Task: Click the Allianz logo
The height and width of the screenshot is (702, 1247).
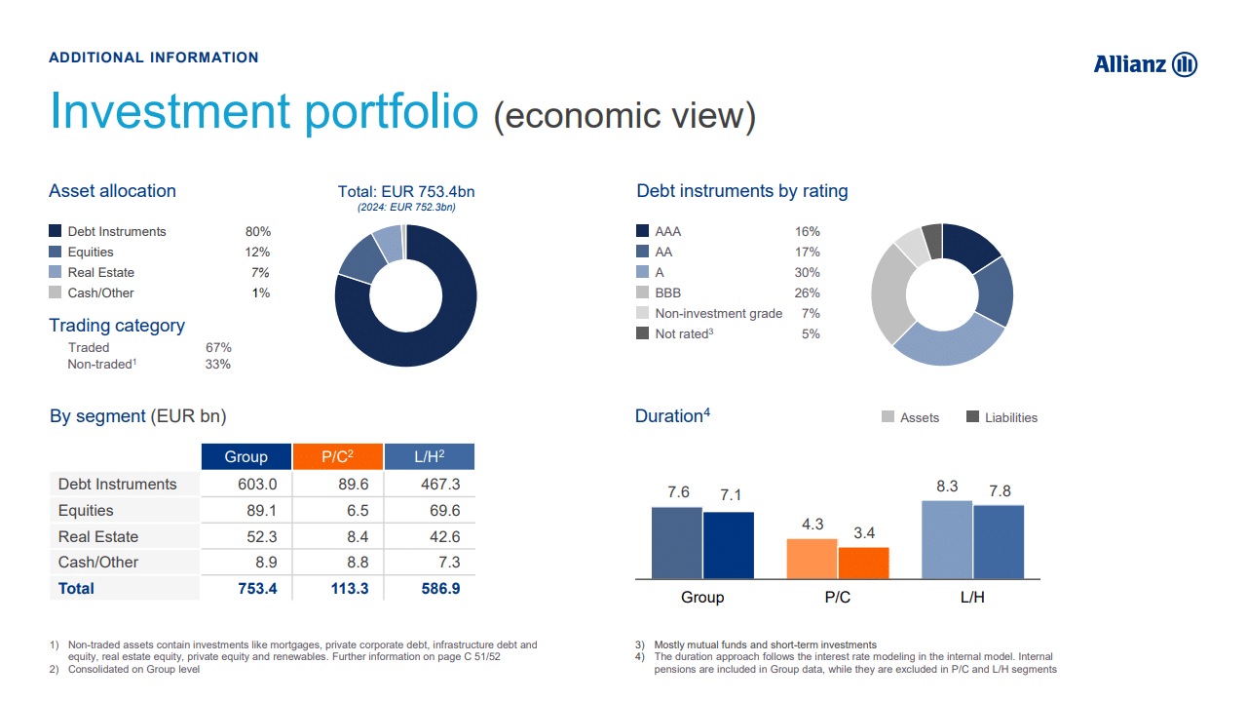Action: tap(1145, 64)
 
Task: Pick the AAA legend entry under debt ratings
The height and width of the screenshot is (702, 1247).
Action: tap(667, 232)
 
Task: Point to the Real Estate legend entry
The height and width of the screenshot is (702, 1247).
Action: tap(100, 273)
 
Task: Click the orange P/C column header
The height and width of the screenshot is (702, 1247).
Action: tap(337, 456)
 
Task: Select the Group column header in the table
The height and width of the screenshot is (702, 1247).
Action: tap(246, 456)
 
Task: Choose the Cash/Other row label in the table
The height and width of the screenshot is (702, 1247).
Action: tap(98, 563)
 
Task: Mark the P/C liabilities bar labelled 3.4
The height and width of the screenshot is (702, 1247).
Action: tap(864, 563)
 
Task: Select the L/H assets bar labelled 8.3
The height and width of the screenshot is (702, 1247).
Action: tap(947, 539)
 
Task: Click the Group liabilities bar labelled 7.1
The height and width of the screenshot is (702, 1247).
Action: tap(729, 545)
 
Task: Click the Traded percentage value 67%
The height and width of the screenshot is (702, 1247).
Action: tap(218, 348)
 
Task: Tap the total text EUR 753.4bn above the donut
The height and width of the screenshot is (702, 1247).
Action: tap(406, 191)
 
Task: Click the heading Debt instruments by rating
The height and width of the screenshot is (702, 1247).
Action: tap(742, 191)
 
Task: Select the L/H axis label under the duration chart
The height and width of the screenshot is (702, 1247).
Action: tap(972, 597)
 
